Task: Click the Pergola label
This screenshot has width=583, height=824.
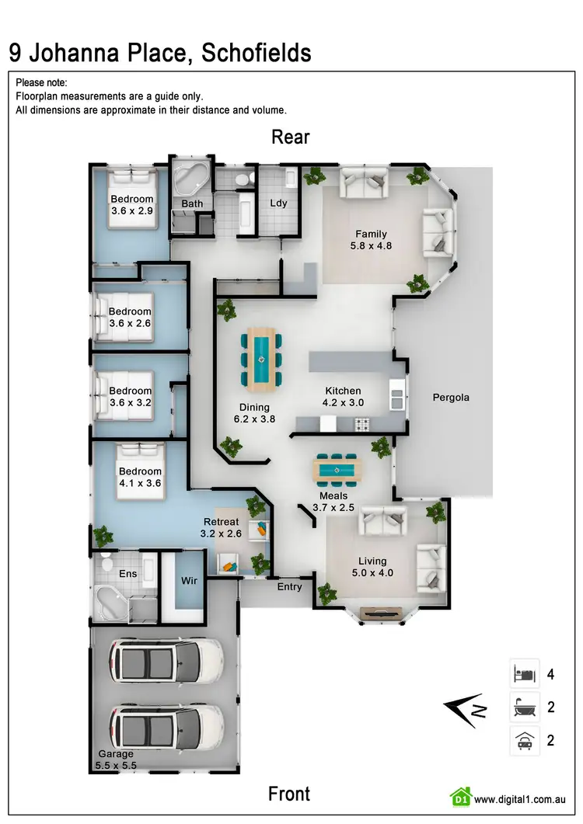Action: pyautogui.click(x=451, y=398)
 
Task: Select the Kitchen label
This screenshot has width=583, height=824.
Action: pyautogui.click(x=343, y=391)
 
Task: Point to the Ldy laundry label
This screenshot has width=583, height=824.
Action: pyautogui.click(x=278, y=203)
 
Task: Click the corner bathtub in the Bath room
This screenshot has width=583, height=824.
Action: pyautogui.click(x=188, y=180)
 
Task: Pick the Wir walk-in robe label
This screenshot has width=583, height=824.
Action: pyautogui.click(x=190, y=580)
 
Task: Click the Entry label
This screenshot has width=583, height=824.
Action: pyautogui.click(x=289, y=587)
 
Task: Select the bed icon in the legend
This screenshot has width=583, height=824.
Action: pyautogui.click(x=525, y=673)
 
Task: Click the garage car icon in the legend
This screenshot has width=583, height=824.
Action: pyautogui.click(x=525, y=741)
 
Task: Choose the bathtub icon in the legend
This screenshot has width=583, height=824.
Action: pyautogui.click(x=525, y=707)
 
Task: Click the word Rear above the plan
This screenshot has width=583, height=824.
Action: pyautogui.click(x=291, y=137)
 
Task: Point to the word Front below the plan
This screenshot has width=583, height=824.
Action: pyautogui.click(x=289, y=794)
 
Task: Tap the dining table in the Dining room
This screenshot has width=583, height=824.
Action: pyautogui.click(x=260, y=358)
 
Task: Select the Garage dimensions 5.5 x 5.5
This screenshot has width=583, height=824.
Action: pyautogui.click(x=116, y=765)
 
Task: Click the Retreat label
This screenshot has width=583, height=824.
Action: pyautogui.click(x=220, y=521)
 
